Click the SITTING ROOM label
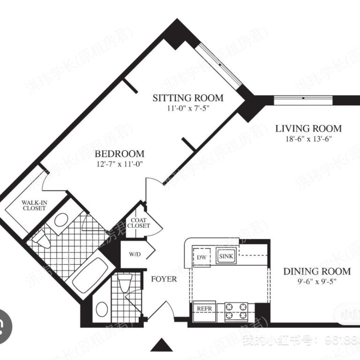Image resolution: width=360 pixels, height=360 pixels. pos(188,98)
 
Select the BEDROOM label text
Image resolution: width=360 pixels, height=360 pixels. pos(120,154)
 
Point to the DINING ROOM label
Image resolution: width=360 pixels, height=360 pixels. pos(317,271)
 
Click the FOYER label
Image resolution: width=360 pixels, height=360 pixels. pos(164,279)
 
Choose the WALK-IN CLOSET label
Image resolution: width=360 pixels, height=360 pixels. pos(34,205)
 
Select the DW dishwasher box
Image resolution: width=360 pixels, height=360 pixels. pos(202,257)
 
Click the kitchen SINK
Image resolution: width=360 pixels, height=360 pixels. pos(226,256)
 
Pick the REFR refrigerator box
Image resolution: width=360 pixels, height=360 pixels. pos(204,310)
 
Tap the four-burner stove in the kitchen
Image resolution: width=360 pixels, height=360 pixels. pos(236,311)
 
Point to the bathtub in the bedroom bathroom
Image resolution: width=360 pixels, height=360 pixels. pos(91,275)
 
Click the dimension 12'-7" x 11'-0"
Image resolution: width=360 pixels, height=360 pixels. pos(120,164)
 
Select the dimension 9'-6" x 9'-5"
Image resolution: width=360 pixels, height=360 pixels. pos(317,281)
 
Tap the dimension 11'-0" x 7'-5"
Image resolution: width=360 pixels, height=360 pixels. pos(188,108)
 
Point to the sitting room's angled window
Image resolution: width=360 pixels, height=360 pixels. pos(218,65)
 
